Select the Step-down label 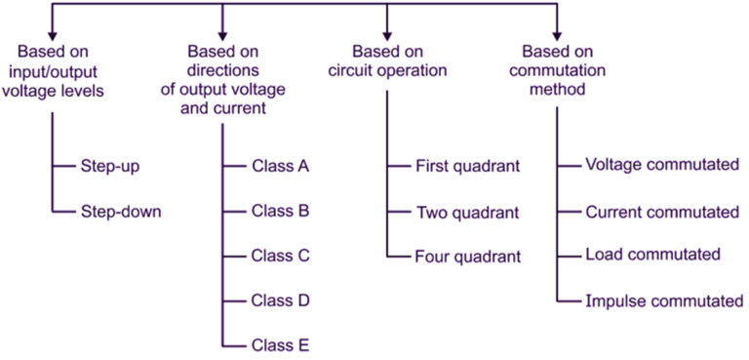coord(120,210)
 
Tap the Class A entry coord(280,165)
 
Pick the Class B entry coord(280,210)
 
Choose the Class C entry coord(280,256)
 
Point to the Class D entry coord(280,300)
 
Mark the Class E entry coord(280,344)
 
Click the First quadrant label coord(468,165)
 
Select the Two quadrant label coord(468,211)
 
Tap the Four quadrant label coord(468,257)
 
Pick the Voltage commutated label coord(662,165)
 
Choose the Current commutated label coord(662,211)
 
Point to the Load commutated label coord(652,255)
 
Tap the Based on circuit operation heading coord(387,60)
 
